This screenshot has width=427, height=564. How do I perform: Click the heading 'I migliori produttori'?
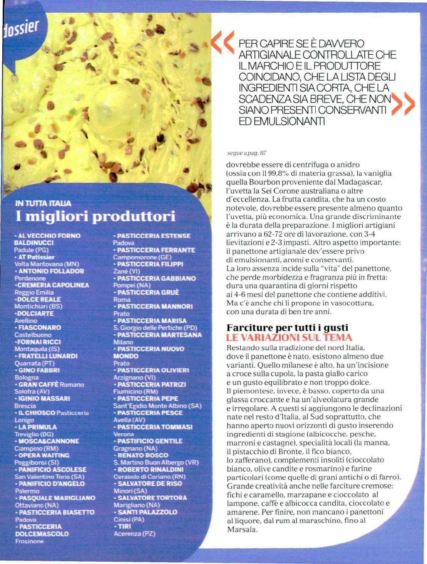pos(95,216)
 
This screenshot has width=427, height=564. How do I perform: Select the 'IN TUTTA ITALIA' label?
pos(43,203)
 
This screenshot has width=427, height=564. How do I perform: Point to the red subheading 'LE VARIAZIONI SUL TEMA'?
pos(289,338)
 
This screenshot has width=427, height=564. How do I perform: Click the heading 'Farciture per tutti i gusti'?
pos(287,328)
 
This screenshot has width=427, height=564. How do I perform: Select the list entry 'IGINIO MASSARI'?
pos(44,398)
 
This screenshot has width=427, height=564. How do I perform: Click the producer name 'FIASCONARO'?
pos(40,328)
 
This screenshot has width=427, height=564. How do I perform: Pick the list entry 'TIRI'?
pos(124,526)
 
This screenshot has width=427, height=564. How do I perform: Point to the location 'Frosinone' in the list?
pos(30,541)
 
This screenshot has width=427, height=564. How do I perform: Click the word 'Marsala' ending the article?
pos(241,529)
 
